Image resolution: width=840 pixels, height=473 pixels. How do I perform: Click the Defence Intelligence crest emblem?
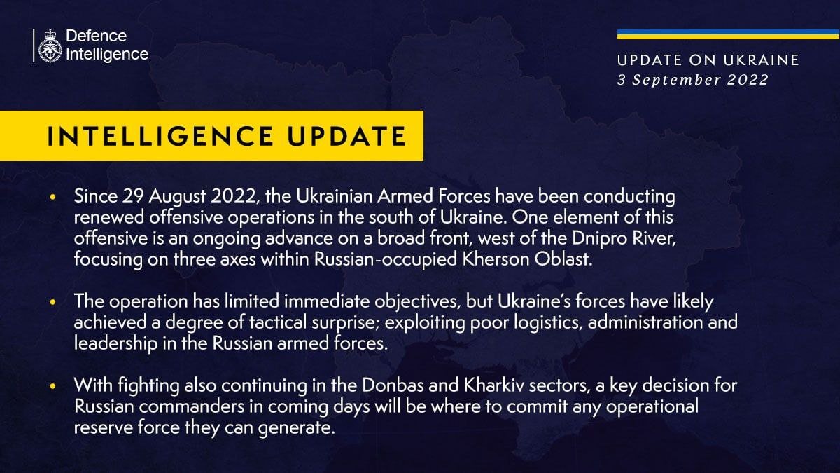click(50, 46)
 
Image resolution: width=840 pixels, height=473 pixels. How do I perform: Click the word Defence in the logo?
click(97, 36)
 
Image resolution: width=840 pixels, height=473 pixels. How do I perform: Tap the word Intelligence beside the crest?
click(107, 55)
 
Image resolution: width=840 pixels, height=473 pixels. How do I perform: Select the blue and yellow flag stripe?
click(728, 34)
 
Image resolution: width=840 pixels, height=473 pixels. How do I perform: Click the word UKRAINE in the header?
click(762, 60)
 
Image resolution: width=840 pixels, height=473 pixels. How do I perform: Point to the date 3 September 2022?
click(693, 80)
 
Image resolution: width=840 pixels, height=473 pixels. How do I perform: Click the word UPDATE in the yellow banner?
click(346, 136)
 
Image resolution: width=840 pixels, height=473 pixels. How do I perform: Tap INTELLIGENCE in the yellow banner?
click(160, 136)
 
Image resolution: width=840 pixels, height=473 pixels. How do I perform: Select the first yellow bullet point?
click(52, 197)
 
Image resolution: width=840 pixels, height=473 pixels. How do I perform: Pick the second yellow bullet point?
click(52, 302)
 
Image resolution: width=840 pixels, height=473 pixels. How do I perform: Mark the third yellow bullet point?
click(52, 386)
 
